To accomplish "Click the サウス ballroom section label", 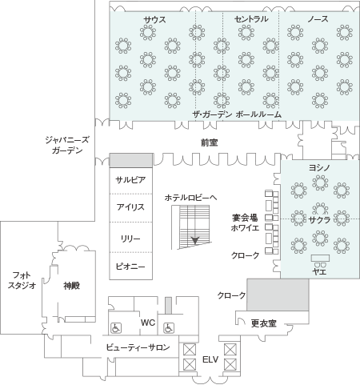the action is tap(154, 19).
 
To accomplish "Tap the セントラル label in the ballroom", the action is tap(251, 19).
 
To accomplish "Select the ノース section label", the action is tap(318, 19).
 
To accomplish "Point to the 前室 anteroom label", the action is tap(210, 142).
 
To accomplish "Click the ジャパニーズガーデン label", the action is tap(67, 146).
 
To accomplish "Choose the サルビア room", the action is tap(130, 180).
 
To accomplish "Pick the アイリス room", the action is tap(130, 207).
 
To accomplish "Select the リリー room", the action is tap(130, 239).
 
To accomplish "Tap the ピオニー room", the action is tap(130, 267).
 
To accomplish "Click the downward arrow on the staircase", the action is tap(195, 241).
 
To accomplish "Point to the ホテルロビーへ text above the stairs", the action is tap(190, 198).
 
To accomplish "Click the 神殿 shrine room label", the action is tap(72, 286).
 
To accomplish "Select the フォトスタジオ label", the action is tap(22, 280).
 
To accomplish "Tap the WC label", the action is tap(148, 323).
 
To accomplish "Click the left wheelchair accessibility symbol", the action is tap(116, 327).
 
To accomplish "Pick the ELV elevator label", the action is tap(210, 359).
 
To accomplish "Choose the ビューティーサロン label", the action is tap(138, 347).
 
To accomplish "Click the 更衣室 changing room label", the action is tap(264, 323).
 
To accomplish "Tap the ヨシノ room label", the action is tap(319, 168).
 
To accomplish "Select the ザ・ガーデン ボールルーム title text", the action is tap(237, 114).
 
